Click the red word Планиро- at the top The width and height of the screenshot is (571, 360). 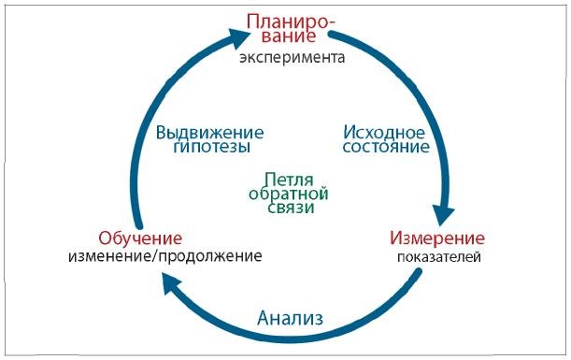290,21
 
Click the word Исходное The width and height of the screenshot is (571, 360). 385,130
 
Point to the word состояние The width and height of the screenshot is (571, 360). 385,147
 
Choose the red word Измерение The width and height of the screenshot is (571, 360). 436,238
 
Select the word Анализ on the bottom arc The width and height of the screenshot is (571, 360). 290,318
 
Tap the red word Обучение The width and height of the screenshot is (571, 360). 140,238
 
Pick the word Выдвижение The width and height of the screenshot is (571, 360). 210,131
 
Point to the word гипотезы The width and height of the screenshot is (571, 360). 210,148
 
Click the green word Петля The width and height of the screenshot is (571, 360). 288,178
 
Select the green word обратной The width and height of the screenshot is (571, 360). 288,194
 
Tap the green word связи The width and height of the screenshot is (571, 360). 288,209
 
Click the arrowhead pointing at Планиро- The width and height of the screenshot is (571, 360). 240,36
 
